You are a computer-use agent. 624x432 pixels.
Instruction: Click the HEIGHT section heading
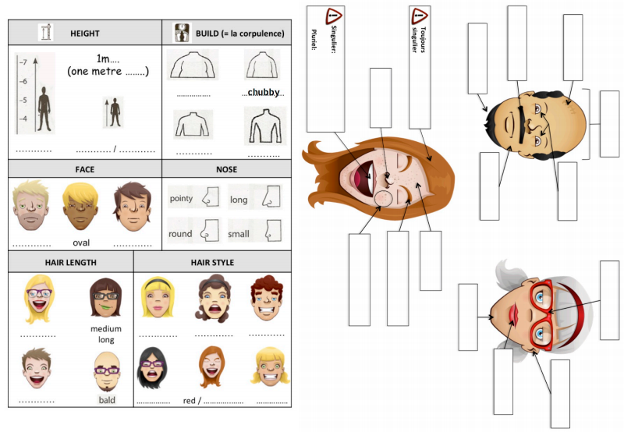click(x=85, y=34)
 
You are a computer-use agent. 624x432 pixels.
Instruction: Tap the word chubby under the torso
click(x=264, y=92)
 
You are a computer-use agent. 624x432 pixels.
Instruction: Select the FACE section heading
click(x=85, y=169)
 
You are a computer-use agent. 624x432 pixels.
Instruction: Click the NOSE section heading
click(x=226, y=169)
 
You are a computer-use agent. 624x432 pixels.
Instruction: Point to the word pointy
click(x=181, y=198)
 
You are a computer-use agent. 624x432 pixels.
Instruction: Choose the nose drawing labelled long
click(x=271, y=197)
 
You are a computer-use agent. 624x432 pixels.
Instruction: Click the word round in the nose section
click(x=180, y=234)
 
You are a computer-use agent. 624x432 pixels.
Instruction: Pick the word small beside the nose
click(x=239, y=234)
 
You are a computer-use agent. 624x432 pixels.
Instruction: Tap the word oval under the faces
click(x=81, y=243)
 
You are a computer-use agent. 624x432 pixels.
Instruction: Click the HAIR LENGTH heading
click(x=70, y=263)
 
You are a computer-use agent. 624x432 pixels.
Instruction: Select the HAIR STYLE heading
click(x=212, y=263)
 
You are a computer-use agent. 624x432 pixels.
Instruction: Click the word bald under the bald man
click(x=107, y=400)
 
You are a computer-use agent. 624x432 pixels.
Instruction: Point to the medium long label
click(x=106, y=335)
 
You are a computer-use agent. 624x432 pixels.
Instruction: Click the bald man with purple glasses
click(x=107, y=372)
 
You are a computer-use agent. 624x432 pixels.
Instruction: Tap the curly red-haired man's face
click(x=267, y=299)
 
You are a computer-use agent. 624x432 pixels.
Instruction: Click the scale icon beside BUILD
click(x=183, y=33)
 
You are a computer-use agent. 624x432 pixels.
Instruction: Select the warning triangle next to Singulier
click(x=334, y=16)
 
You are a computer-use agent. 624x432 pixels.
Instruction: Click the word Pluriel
click(x=314, y=40)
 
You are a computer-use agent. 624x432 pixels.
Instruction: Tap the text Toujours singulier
click(x=418, y=40)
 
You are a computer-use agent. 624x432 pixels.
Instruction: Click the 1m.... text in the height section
click(x=108, y=58)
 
